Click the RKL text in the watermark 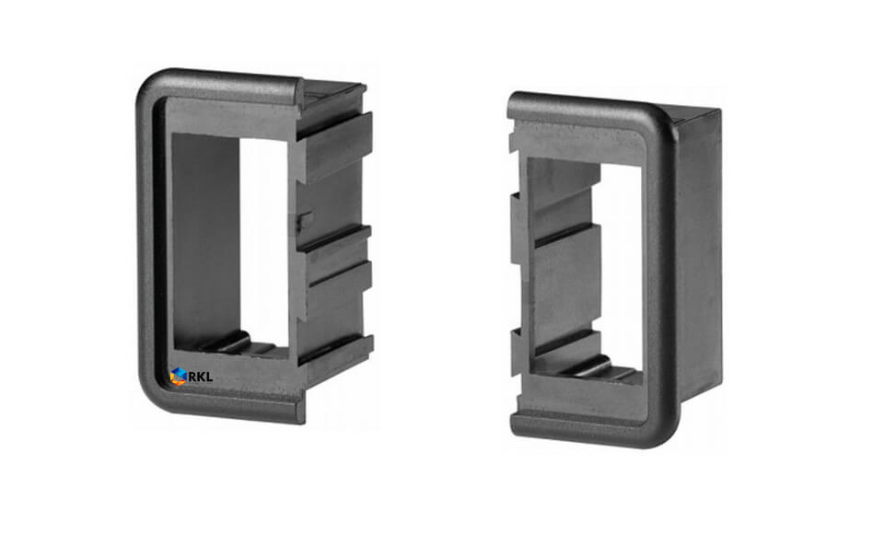coord(201,377)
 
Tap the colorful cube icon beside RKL coord(178,377)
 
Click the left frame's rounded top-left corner coord(150,84)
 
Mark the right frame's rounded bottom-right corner coord(665,432)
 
